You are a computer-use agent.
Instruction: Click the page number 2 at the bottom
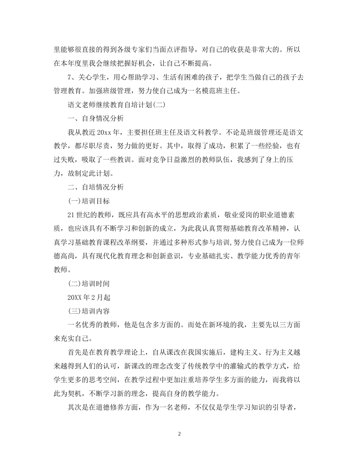(180, 434)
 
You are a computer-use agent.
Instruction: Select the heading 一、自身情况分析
(95, 118)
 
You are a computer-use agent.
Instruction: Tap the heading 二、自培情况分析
(95, 187)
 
